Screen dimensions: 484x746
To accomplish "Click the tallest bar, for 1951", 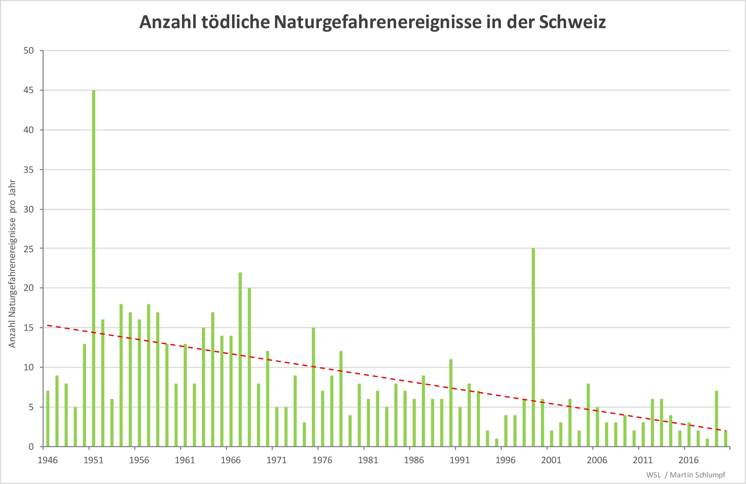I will (93, 268).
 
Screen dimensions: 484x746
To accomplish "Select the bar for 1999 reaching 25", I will (533, 347).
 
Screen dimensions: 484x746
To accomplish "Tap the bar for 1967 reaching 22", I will (240, 360).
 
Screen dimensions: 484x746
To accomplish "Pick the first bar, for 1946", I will (48, 419).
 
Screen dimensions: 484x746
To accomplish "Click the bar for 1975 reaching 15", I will (313, 387).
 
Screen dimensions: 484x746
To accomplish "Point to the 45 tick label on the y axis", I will (29, 90).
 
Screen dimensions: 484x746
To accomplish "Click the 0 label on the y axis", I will (31, 447).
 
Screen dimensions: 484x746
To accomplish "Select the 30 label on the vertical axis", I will (29, 209).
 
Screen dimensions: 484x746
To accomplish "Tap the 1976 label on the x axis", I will (322, 460).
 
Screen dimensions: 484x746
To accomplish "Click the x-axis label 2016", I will (689, 460).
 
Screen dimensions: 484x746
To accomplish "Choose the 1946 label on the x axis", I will (48, 460).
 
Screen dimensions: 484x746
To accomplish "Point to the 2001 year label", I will (551, 460).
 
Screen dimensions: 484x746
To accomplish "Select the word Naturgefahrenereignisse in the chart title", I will (377, 22).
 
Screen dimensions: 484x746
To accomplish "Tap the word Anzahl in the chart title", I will (168, 22).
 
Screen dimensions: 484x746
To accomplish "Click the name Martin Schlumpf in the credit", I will (697, 475).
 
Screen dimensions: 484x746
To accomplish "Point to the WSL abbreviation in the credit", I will (653, 475).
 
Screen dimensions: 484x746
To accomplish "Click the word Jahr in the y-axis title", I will (12, 187).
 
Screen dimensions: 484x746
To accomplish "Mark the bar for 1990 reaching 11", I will (451, 403).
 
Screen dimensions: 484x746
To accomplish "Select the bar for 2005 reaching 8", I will (588, 415).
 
